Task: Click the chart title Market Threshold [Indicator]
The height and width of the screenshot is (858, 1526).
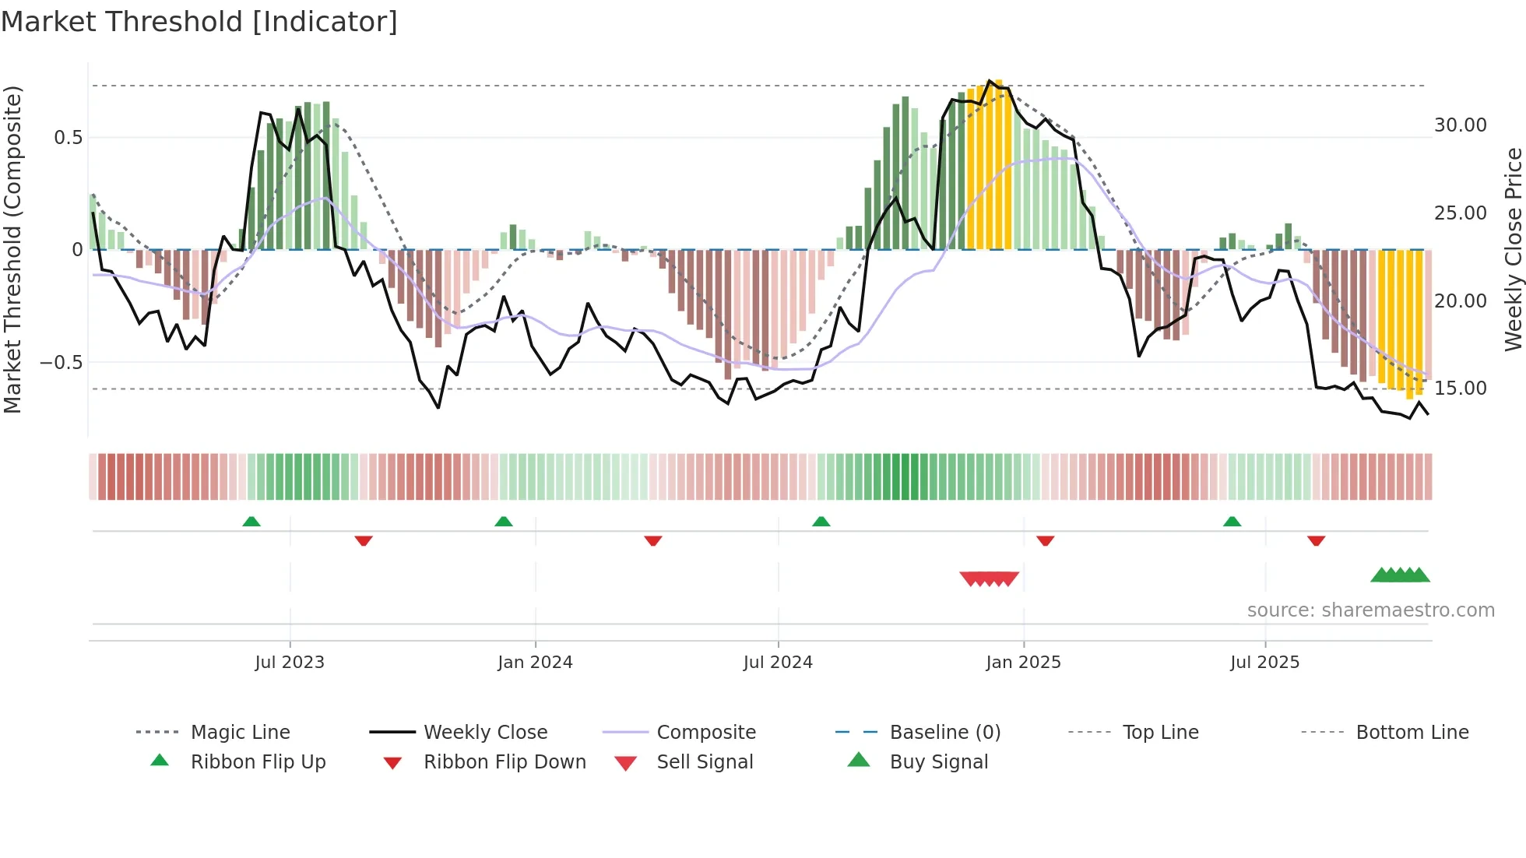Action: [199, 22]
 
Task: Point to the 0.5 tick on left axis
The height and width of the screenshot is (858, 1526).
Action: [68, 138]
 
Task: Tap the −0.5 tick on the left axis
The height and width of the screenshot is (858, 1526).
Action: [62, 363]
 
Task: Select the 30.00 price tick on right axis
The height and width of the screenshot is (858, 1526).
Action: [1460, 125]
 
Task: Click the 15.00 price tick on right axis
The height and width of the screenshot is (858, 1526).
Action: [1460, 389]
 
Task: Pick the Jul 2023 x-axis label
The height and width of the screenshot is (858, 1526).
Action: [290, 663]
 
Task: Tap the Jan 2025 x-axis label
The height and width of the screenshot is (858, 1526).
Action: [1023, 663]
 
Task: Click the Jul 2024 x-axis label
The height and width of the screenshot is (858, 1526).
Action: [778, 663]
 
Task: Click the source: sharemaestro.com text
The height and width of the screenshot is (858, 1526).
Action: [1370, 610]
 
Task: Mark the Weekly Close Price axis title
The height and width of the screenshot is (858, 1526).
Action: [1513, 249]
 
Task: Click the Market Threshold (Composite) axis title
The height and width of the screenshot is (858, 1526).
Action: [12, 249]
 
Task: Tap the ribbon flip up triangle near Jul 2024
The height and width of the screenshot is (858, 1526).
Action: [821, 522]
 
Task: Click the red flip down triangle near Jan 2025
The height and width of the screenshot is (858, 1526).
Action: [1045, 540]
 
